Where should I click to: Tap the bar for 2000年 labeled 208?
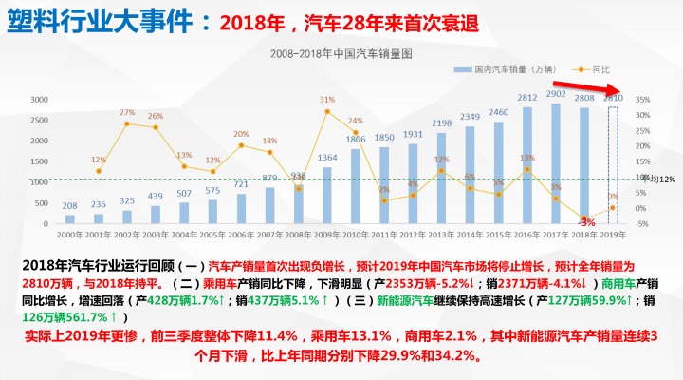pyautogui.click(x=70, y=218)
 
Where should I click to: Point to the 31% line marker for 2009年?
pyautogui.click(x=327, y=112)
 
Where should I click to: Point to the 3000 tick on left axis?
pyautogui.click(x=39, y=100)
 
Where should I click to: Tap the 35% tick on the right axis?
pyautogui.click(x=643, y=100)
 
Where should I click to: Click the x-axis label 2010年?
pyautogui.click(x=356, y=234)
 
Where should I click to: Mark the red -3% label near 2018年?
pyautogui.click(x=588, y=221)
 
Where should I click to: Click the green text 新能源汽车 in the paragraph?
pyautogui.click(x=408, y=299)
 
